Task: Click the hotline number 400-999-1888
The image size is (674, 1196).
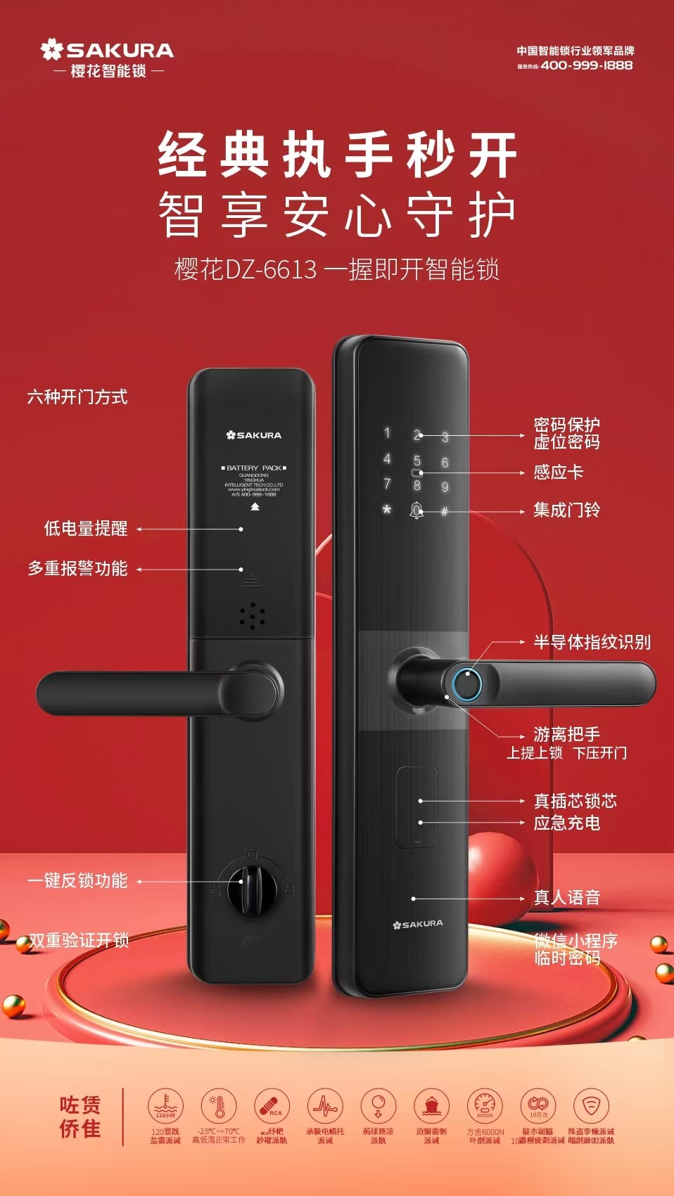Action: [586, 65]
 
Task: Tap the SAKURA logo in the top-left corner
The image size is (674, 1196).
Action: [107, 51]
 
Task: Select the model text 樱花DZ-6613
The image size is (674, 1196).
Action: [246, 269]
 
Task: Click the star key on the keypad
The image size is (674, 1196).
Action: [386, 509]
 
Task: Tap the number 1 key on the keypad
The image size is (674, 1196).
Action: [386, 433]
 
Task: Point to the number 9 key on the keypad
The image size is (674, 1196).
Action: [445, 487]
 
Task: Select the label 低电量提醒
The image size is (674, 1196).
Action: [86, 529]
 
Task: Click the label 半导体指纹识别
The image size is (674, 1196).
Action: [592, 642]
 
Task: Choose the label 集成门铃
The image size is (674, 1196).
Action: [566, 510]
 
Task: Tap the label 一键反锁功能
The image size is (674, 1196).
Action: [77, 880]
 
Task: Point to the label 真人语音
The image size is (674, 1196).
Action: [566, 897]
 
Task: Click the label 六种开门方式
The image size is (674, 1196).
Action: [77, 397]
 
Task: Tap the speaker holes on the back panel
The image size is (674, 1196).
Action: [251, 615]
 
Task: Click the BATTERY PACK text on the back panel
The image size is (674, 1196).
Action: [253, 468]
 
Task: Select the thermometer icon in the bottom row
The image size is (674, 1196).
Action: [219, 1106]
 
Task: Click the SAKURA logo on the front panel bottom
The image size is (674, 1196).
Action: [418, 924]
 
